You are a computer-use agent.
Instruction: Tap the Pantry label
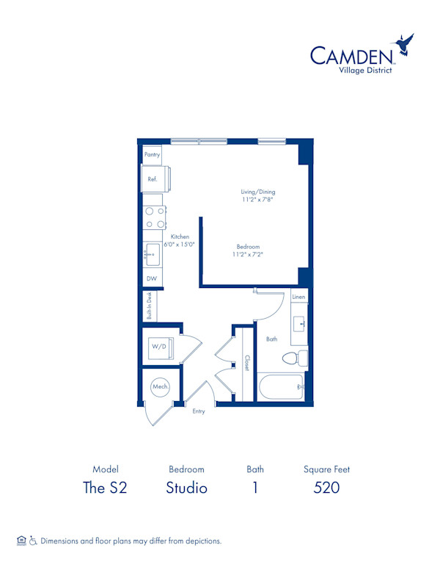point(152,155)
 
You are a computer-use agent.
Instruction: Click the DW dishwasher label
point(152,278)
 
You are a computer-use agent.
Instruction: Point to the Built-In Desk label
point(149,306)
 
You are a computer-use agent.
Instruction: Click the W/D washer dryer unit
point(159,346)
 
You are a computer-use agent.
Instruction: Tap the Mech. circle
point(161,386)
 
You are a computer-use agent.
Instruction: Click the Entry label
point(199,411)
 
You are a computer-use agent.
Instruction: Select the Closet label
point(246,364)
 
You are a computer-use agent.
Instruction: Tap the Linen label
point(298,297)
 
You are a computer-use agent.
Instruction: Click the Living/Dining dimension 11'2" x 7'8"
point(258,200)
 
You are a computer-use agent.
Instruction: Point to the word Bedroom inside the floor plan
point(248,247)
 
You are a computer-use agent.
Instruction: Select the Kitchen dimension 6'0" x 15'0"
point(180,245)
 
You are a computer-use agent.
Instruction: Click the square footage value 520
point(326,488)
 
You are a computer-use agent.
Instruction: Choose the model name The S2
point(106,488)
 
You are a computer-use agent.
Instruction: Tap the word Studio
point(186,488)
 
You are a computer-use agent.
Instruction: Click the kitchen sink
point(153,254)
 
